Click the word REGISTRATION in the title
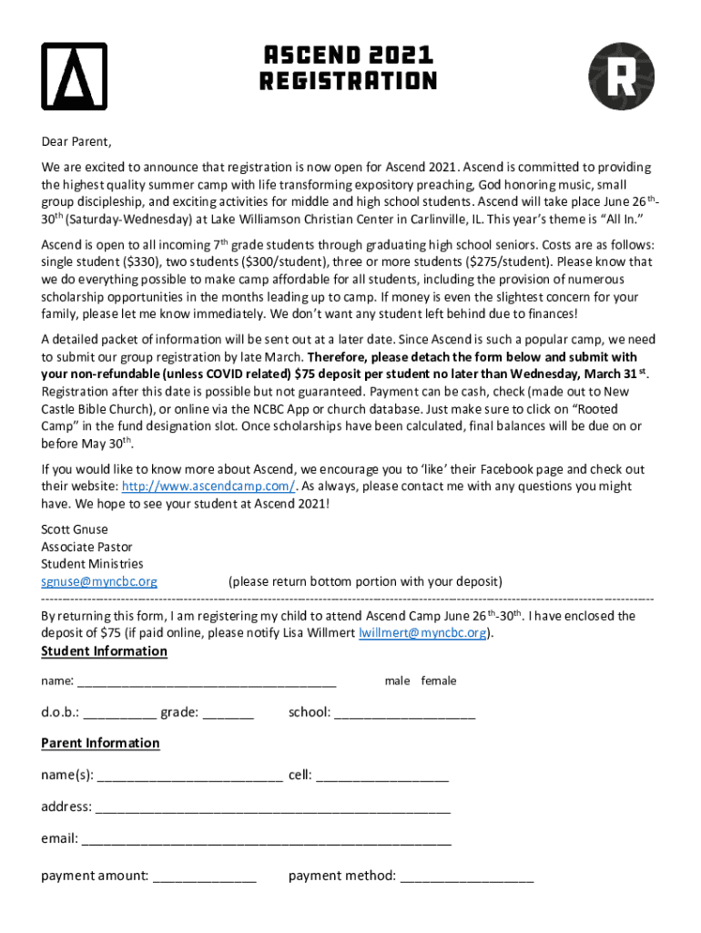[349, 82]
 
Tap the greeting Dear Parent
[76, 141]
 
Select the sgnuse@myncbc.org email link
[99, 581]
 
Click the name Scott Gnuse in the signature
[75, 529]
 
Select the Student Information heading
[104, 651]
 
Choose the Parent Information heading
[100, 743]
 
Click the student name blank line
[207, 682]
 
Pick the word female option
[438, 682]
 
